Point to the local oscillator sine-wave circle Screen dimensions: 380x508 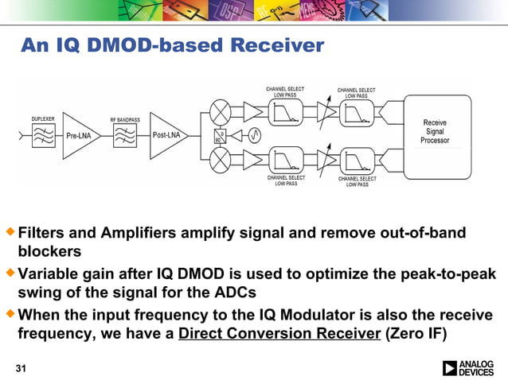click(x=252, y=134)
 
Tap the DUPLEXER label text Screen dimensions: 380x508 click(x=43, y=118)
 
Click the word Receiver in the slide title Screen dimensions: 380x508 click(x=277, y=46)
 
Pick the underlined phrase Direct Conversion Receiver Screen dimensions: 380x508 click(x=279, y=334)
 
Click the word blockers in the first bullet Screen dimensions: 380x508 click(x=49, y=252)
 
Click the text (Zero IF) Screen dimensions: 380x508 click(x=416, y=334)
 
